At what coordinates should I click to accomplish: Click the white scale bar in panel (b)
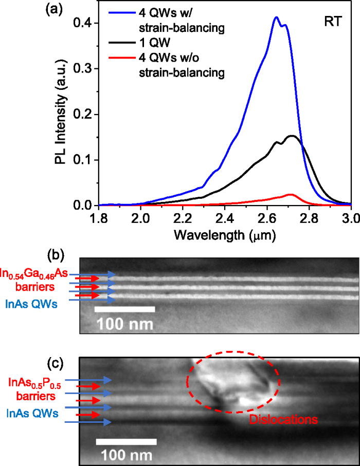[125, 309]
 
